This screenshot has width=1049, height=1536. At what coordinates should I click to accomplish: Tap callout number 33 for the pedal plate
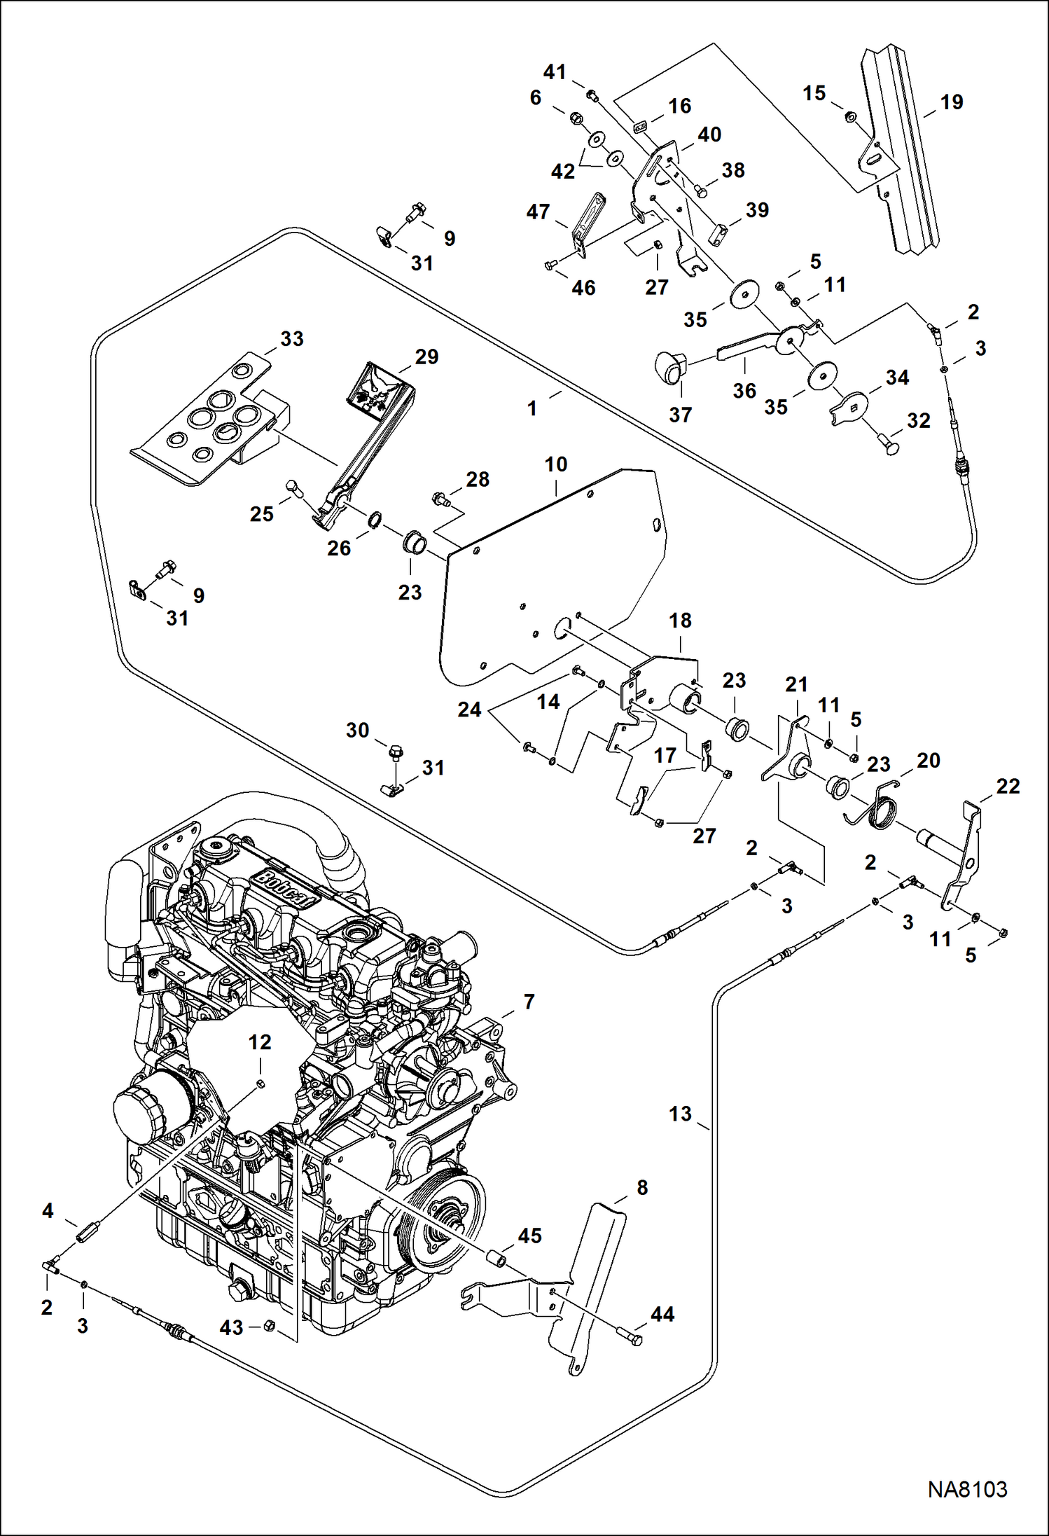[x=291, y=339]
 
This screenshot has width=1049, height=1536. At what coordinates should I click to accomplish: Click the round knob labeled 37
[x=671, y=368]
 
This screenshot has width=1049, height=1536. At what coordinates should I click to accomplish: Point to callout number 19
[x=951, y=102]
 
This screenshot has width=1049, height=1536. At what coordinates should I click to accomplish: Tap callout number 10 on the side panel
[x=556, y=464]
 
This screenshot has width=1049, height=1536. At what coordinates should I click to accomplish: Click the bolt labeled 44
[x=630, y=1335]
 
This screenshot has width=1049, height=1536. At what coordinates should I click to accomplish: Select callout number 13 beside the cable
[x=679, y=1114]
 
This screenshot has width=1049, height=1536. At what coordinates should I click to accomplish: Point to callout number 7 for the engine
[x=529, y=1002]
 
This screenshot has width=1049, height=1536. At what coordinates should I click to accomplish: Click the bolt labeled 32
[x=888, y=444]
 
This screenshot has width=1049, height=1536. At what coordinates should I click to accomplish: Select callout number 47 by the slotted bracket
[x=538, y=212]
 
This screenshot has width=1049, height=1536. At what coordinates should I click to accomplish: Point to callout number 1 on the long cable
[x=532, y=408]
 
